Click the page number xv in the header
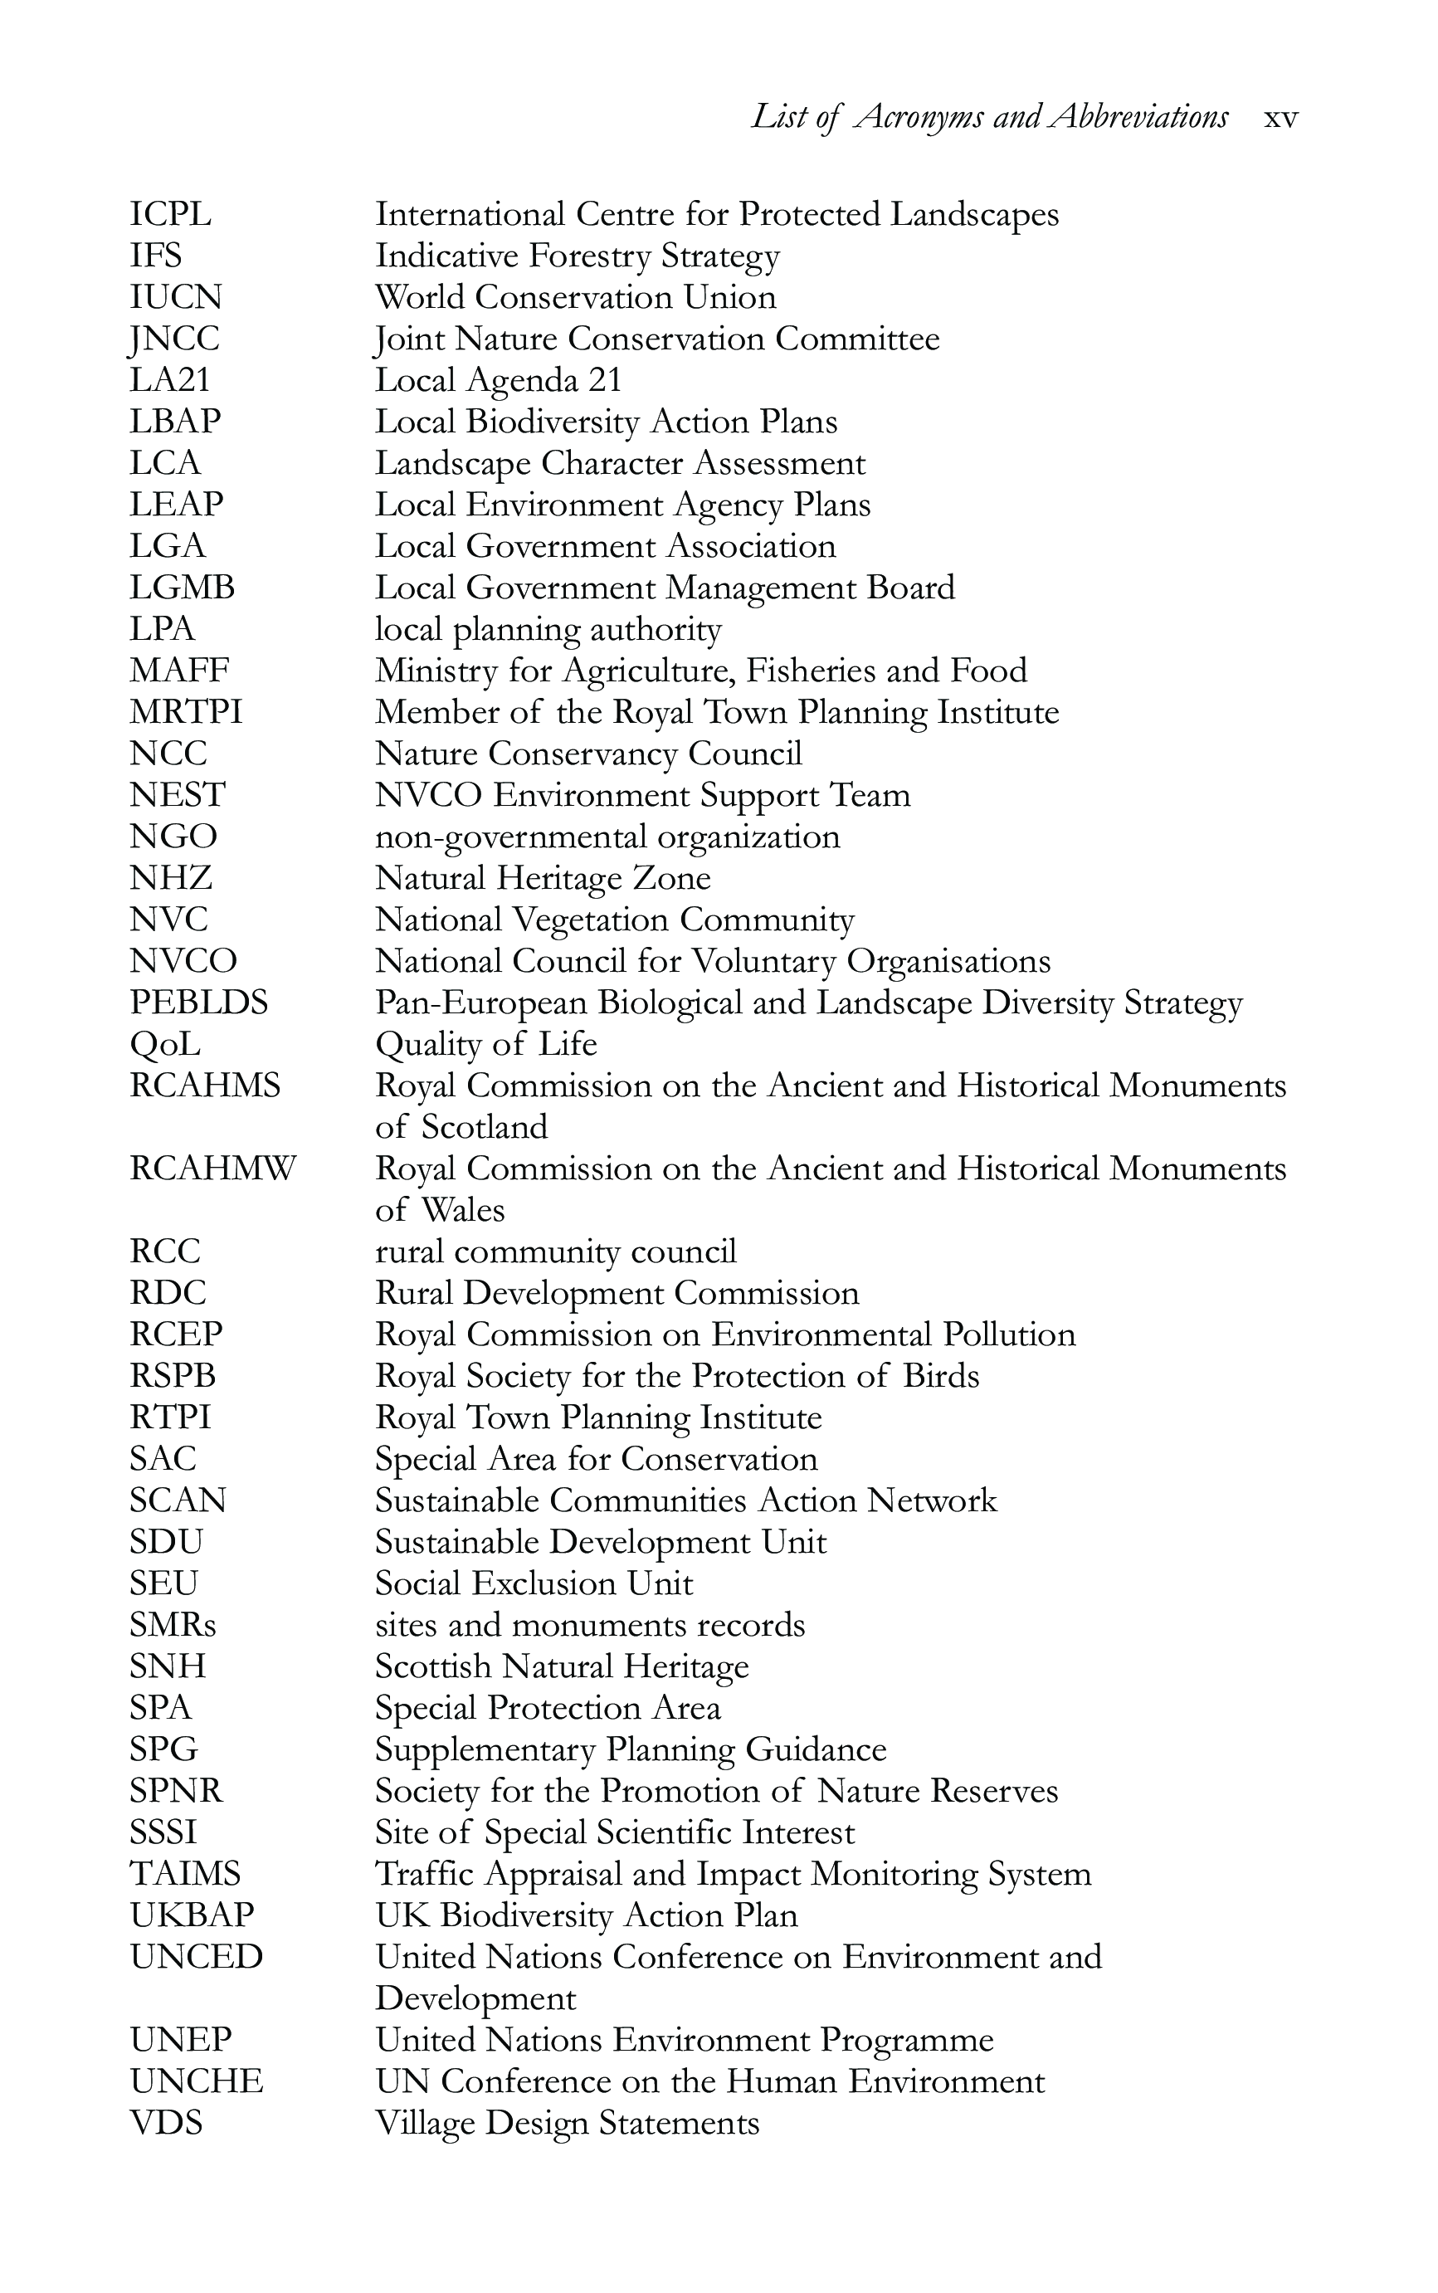coord(1280,119)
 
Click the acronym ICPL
coord(170,214)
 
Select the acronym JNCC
coord(174,339)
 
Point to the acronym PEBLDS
coord(199,1003)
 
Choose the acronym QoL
coord(164,1044)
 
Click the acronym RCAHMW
coord(212,1168)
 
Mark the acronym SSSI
coord(163,1832)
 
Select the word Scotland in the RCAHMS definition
coord(484,1127)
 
